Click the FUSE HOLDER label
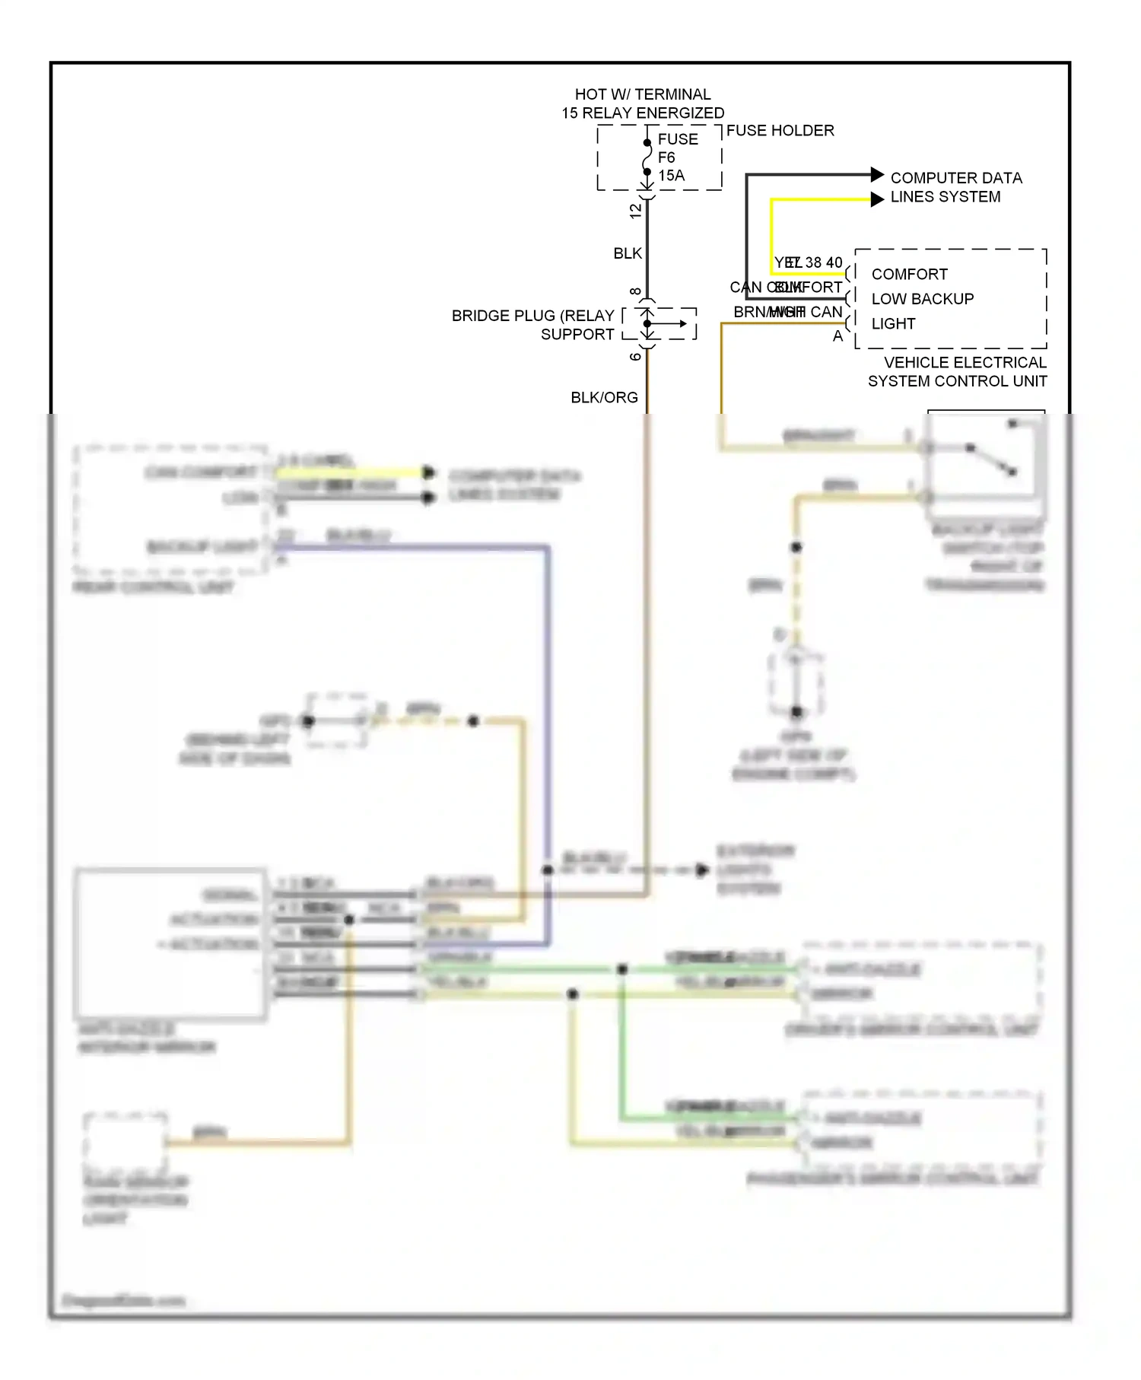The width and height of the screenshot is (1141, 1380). [780, 131]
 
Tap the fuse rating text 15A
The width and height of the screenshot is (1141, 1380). [671, 176]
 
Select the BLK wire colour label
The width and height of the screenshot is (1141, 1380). [628, 253]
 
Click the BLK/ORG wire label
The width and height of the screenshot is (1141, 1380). [604, 398]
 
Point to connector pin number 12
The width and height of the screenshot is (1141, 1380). [636, 211]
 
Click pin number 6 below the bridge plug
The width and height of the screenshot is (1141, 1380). [636, 356]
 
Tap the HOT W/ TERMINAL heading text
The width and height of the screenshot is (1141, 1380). [642, 94]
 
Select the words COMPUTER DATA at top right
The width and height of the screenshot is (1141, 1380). [955, 178]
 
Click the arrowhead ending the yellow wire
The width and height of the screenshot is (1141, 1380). [876, 199]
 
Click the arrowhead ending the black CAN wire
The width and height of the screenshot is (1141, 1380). [876, 174]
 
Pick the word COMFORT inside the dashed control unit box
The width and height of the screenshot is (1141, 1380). [909, 274]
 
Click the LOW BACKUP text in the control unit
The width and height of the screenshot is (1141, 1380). [922, 299]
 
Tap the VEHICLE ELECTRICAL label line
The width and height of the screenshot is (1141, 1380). [965, 363]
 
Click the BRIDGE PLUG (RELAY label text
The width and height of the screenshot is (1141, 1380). [532, 316]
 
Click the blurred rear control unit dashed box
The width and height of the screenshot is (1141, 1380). [171, 508]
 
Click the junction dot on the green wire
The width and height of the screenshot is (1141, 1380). [622, 969]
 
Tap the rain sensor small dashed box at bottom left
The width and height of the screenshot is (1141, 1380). [125, 1142]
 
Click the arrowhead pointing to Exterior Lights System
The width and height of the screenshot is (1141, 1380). [701, 870]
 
